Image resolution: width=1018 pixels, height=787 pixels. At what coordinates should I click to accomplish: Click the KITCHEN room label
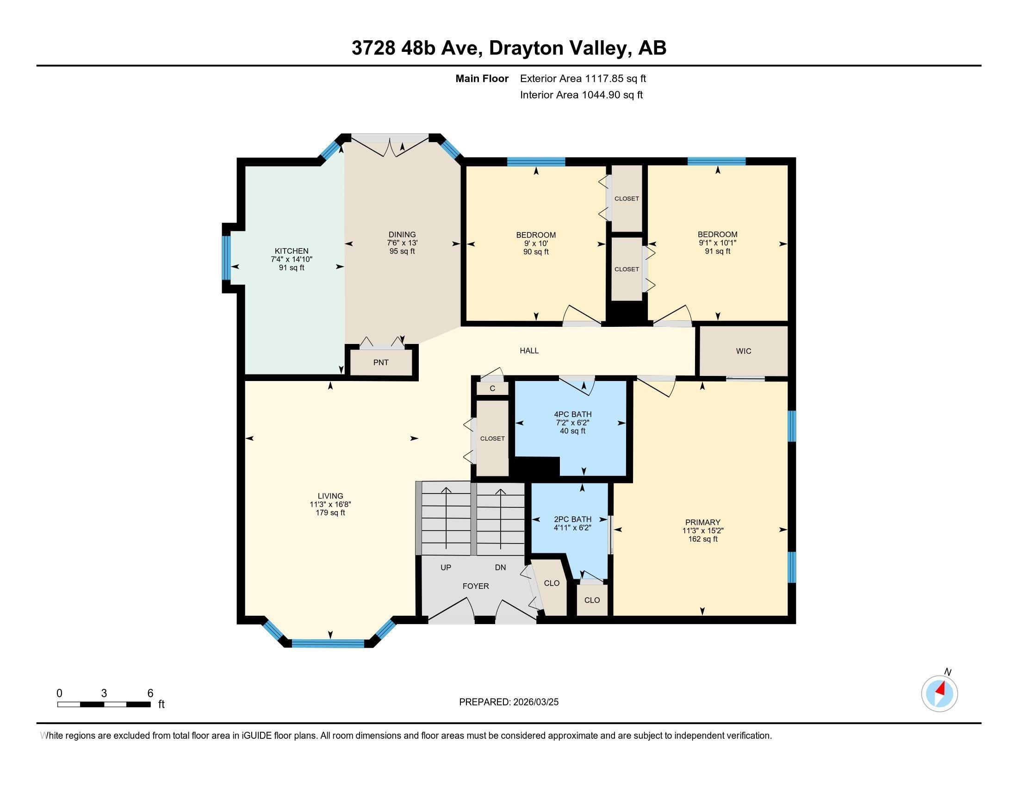point(292,251)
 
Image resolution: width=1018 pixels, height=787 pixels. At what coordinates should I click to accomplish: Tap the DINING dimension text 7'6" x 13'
point(402,243)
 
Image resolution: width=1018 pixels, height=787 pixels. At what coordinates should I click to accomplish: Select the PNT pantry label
point(381,362)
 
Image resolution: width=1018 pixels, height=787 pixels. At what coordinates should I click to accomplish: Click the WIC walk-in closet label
point(744,351)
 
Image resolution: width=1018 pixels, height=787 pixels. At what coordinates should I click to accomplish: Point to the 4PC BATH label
point(572,414)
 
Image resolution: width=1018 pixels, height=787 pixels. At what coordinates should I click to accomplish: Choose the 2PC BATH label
point(572,519)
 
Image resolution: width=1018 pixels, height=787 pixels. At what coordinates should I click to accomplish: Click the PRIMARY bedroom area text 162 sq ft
point(702,539)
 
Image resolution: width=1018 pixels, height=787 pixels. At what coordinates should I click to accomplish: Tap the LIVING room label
point(330,496)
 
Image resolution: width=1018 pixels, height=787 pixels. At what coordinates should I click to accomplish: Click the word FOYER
point(475,586)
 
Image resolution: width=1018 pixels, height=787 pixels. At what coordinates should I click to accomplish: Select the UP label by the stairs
point(446,568)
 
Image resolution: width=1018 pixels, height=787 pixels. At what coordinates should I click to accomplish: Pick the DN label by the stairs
point(500,568)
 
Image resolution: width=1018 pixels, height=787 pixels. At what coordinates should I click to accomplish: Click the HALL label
point(529,350)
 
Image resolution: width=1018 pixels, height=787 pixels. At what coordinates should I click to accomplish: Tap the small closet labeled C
point(492,388)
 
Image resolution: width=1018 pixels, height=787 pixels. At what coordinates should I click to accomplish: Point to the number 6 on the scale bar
point(150,693)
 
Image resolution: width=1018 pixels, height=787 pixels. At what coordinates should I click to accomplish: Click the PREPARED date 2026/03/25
point(535,702)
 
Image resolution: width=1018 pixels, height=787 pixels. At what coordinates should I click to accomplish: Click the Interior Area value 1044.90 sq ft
point(612,95)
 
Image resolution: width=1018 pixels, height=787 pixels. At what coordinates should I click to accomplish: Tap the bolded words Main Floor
point(482,79)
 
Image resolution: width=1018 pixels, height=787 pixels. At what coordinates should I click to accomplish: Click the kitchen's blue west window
point(226,257)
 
